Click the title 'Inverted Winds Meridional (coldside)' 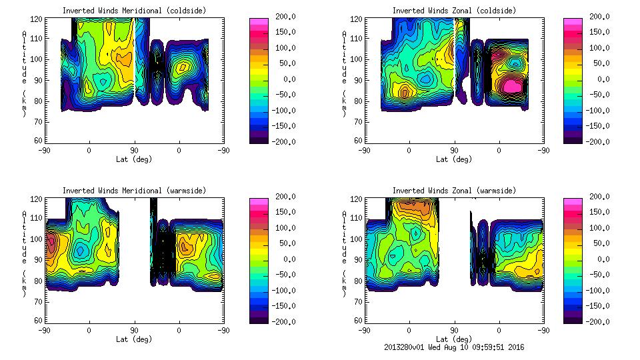tap(134, 11)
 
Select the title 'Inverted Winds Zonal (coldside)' tap(454, 11)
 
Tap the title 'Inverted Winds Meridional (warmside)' tap(134, 191)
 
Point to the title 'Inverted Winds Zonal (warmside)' tap(454, 191)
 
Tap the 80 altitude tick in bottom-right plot tap(359, 280)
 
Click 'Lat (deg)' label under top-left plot tap(134, 159)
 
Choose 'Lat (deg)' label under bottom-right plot tap(454, 339)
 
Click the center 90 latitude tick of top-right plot tap(454, 151)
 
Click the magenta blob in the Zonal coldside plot tap(512, 85)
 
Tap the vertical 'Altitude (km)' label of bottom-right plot tap(345, 250)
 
